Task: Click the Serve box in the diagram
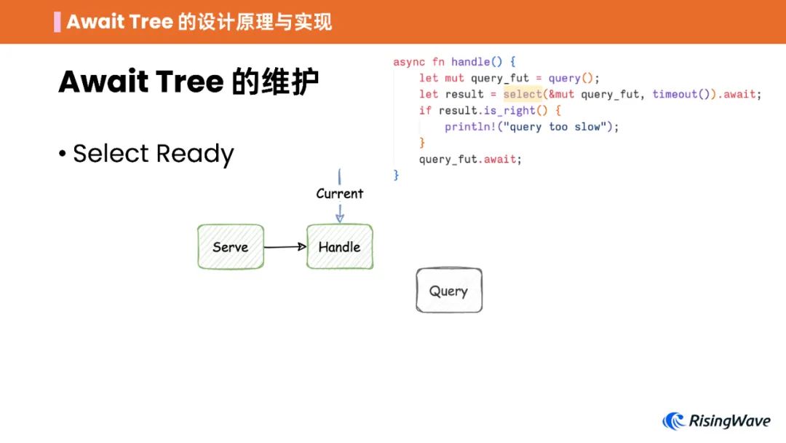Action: click(x=231, y=247)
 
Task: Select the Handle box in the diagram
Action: click(x=339, y=247)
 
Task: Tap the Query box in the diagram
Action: click(x=448, y=291)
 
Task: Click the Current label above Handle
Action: click(x=339, y=194)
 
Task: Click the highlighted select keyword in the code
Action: click(x=523, y=94)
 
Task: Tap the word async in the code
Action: click(x=409, y=62)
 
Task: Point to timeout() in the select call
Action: click(x=681, y=94)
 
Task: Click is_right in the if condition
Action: click(x=509, y=111)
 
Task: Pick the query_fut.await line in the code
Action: click(x=470, y=159)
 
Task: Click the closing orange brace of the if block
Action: click(x=422, y=143)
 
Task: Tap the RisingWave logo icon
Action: click(x=674, y=421)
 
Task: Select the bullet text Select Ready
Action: click(x=153, y=154)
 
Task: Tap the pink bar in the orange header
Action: click(x=57, y=22)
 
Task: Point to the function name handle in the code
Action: click(x=470, y=62)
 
